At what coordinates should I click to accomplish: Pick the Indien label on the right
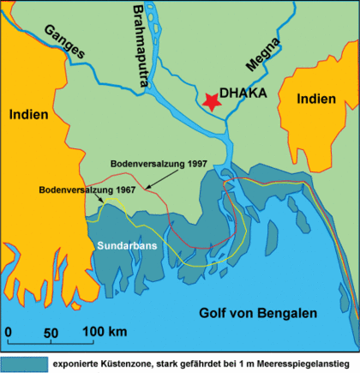pos(316,99)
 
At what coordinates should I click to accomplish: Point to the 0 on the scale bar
pos(8,331)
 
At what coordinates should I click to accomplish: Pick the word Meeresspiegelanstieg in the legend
pos(304,363)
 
